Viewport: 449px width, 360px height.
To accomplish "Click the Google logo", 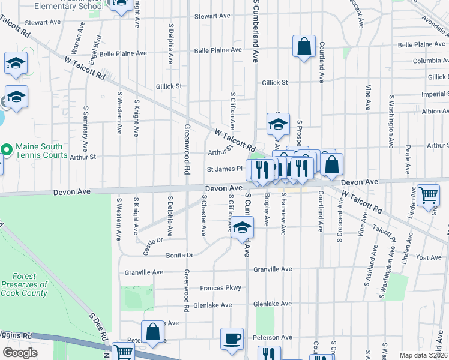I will click(20, 353).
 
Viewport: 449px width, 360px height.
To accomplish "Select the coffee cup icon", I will click(232, 339).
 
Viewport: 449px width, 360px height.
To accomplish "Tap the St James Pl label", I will click(224, 170).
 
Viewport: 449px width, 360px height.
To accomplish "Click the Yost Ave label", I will click(428, 257).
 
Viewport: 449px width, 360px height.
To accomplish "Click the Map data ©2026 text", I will click(423, 355).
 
